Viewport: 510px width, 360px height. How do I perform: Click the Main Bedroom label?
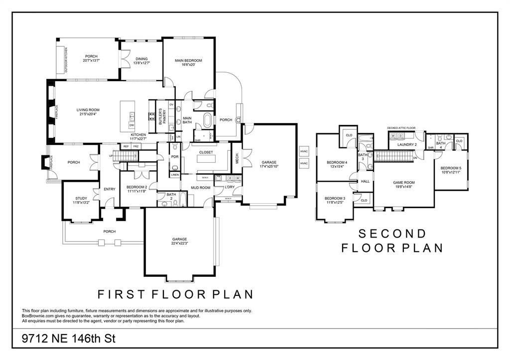tap(188, 60)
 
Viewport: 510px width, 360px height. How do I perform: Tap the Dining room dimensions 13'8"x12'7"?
tap(141, 63)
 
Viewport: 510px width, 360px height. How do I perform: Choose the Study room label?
tap(81, 198)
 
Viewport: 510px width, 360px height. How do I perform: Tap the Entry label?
tap(109, 189)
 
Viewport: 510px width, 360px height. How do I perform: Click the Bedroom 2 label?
tap(136, 187)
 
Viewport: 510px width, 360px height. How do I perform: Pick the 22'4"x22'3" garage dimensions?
tap(180, 243)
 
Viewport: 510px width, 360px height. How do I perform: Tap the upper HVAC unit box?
tap(304, 151)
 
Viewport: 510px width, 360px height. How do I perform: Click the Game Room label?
tap(404, 182)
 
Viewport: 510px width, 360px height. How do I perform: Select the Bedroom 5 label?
tap(451, 168)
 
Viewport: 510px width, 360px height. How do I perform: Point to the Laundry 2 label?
tap(407, 144)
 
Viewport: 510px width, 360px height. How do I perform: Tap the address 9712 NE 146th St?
tap(69, 339)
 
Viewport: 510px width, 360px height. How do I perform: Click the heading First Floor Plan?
tap(175, 294)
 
